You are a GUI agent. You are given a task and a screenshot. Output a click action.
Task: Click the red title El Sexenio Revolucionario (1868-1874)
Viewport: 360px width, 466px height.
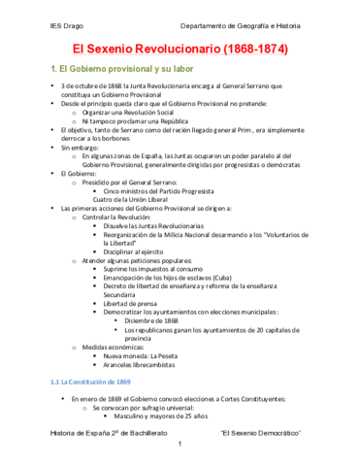(x=180, y=48)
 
